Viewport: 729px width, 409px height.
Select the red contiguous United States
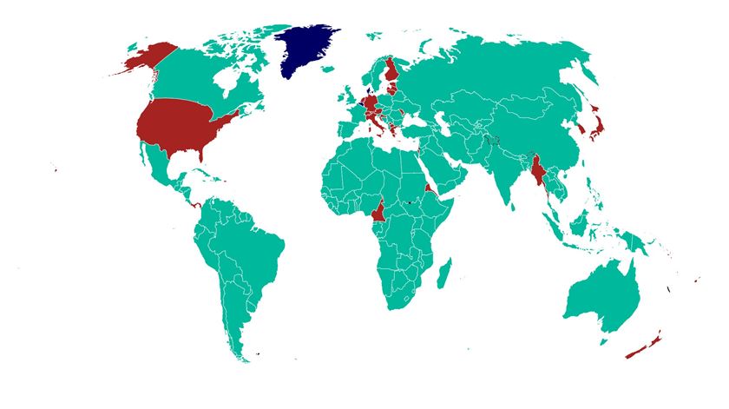click(x=182, y=126)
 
